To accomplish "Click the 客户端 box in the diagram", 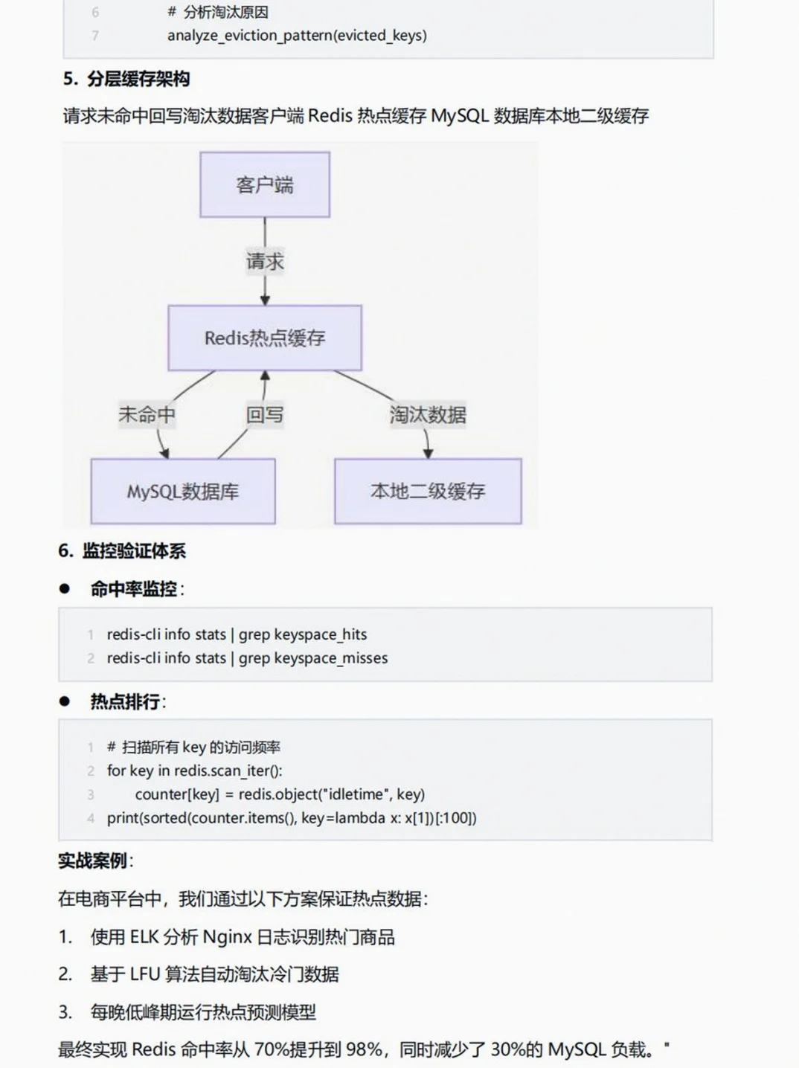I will (265, 185).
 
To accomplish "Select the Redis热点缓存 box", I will (265, 338).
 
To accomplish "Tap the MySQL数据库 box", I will (183, 492).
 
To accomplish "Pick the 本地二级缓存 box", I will (428, 492).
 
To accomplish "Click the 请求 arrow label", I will (265, 262).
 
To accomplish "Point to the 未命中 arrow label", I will (147, 414).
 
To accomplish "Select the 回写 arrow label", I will (265, 414).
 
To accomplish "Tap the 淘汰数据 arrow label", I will (428, 414).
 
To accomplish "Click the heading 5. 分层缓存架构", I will (126, 79).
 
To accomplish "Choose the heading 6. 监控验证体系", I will (122, 551).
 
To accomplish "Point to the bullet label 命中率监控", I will (134, 589).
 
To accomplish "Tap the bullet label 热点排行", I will (125, 701).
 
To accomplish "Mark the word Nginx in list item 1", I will (227, 937).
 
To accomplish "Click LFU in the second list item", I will (145, 974).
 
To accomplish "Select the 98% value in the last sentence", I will (364, 1049).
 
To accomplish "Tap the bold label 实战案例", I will (93, 861).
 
